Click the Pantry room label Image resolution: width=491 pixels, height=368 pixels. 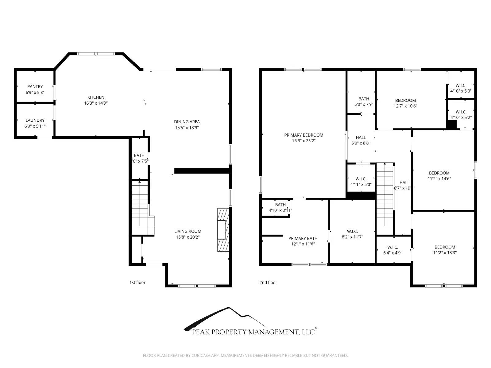[x=35, y=87]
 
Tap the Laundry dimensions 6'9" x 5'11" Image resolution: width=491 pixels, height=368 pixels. [x=35, y=126]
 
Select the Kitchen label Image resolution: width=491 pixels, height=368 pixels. [x=96, y=97]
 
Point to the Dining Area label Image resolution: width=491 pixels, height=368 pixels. [x=187, y=122]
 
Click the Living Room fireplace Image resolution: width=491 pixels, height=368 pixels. [x=223, y=230]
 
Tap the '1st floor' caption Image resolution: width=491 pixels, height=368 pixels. [x=137, y=282]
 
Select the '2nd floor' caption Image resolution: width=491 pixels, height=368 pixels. [x=268, y=282]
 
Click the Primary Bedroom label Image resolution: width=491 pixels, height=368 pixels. [x=303, y=135]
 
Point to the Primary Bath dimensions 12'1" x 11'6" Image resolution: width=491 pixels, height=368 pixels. [x=303, y=244]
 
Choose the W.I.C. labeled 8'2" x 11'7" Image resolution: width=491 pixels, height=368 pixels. [x=352, y=234]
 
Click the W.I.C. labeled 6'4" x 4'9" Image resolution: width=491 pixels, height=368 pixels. [x=392, y=250]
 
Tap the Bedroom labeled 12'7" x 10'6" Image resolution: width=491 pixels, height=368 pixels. [x=405, y=103]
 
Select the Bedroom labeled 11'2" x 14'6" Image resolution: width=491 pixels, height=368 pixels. [x=439, y=176]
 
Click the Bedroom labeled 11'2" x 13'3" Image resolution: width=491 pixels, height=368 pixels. [x=445, y=250]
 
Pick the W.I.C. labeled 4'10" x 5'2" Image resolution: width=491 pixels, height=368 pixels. [x=461, y=115]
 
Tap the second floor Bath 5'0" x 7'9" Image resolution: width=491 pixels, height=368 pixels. [x=364, y=102]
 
